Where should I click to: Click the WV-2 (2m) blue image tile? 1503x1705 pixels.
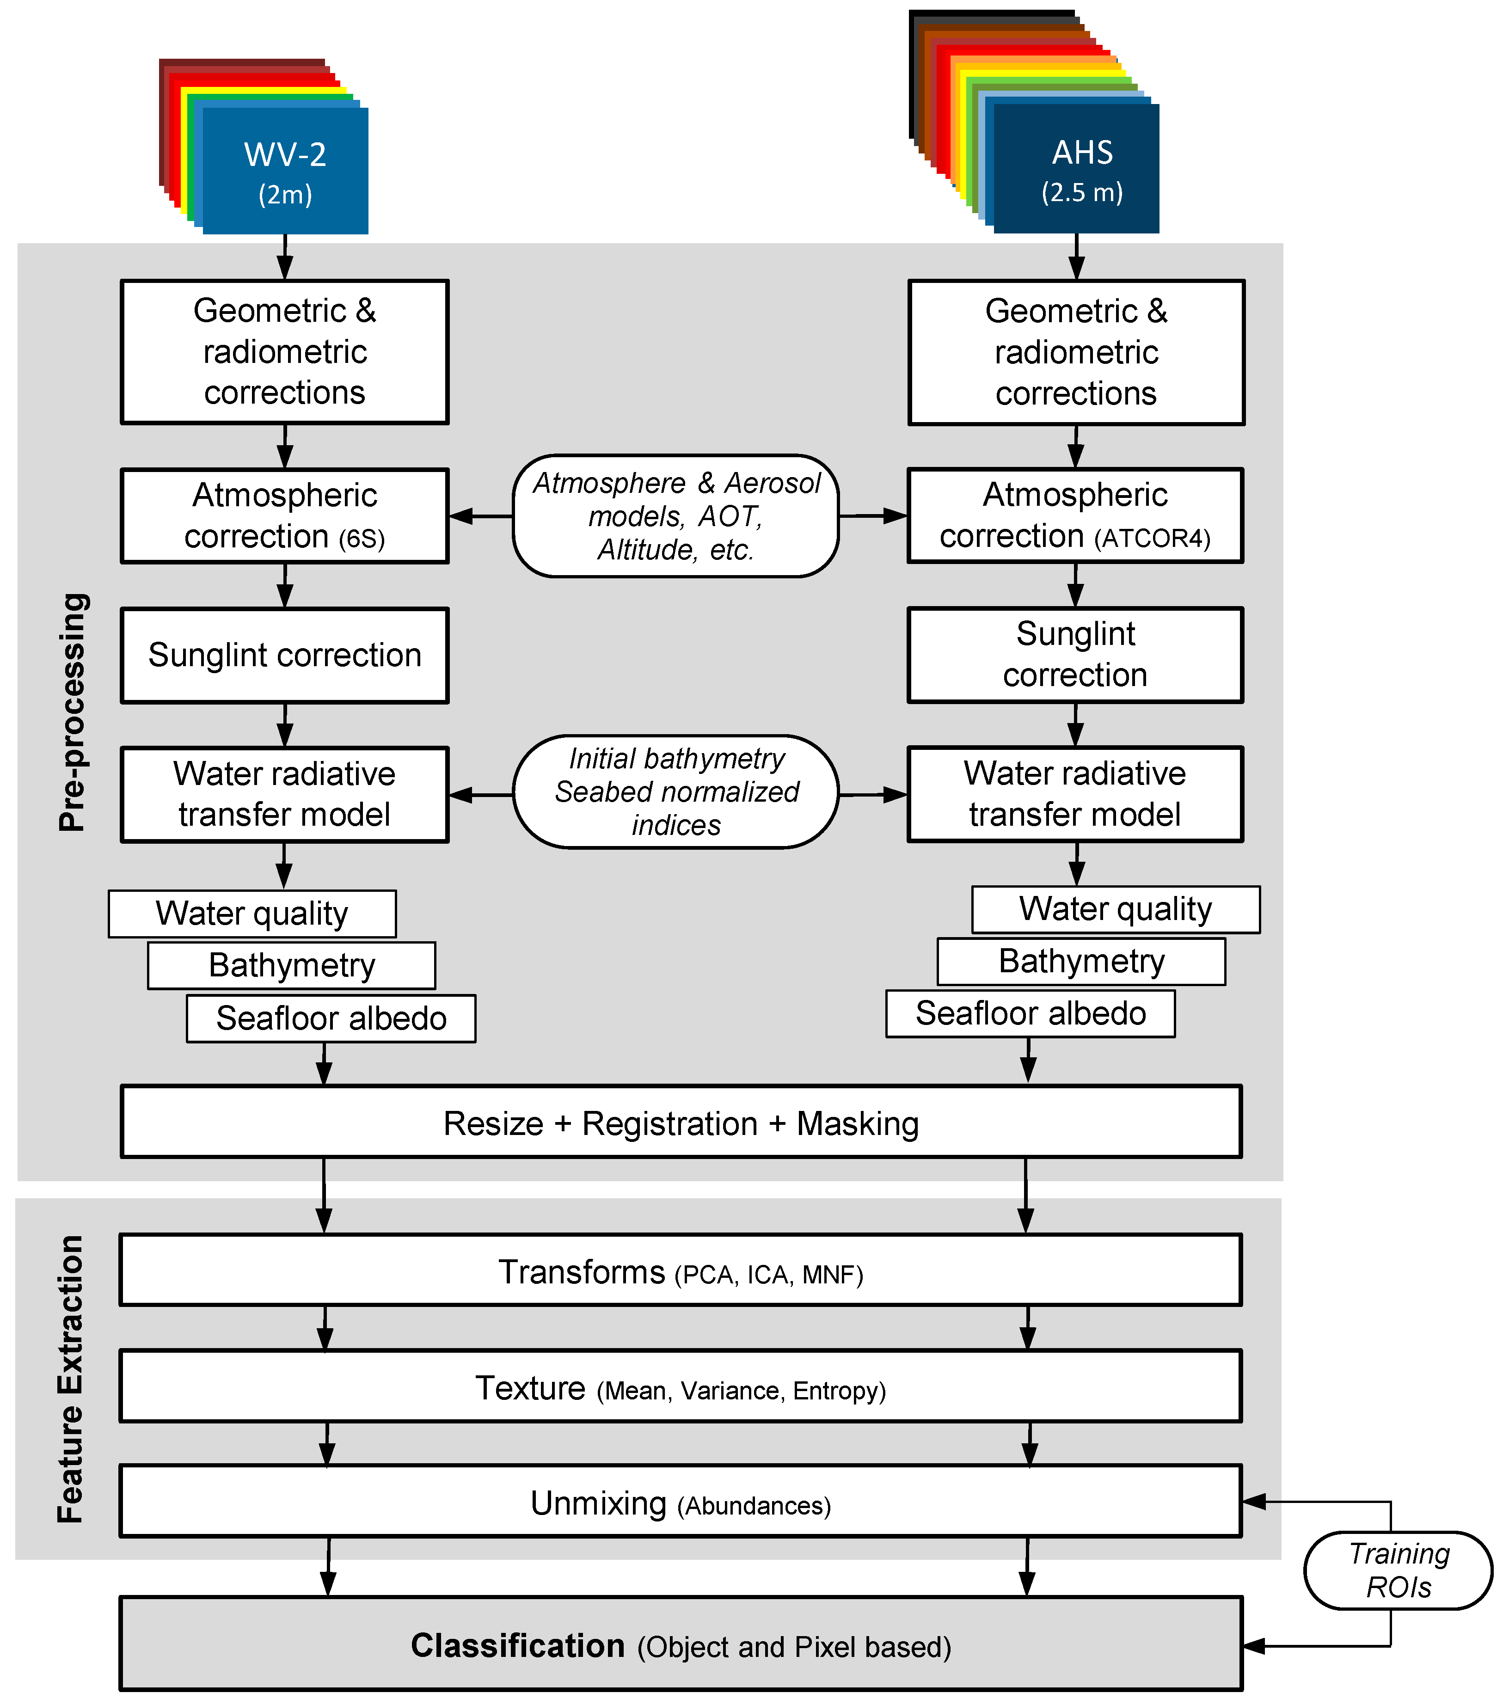285,171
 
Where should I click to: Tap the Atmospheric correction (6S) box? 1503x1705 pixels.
284,515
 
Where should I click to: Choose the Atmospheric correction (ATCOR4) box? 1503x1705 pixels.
1075,515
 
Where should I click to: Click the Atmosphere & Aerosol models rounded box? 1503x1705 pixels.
675,515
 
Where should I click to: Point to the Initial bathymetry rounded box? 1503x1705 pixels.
675,791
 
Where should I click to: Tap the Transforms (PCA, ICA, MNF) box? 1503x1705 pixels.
681,1270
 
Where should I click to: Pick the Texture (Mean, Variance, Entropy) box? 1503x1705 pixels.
681,1387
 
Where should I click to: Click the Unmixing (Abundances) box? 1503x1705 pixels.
681,1503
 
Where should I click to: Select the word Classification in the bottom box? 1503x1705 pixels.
518,1646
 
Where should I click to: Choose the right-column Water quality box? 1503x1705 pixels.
1115,909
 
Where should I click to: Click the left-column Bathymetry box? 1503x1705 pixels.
291,965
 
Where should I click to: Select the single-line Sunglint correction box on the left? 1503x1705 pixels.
284,655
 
